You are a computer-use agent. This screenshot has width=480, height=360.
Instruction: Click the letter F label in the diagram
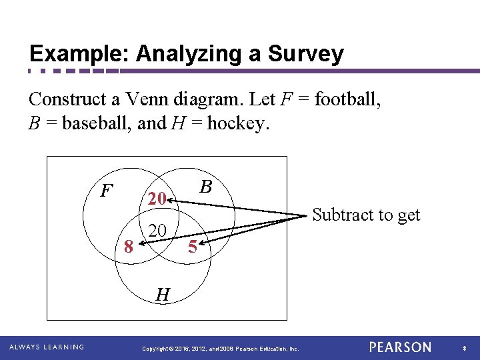click(x=105, y=191)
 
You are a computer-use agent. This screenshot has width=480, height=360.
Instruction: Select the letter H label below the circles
click(x=162, y=293)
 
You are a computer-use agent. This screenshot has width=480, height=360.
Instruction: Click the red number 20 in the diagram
click(x=157, y=199)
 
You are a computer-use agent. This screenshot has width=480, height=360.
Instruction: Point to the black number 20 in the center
click(x=157, y=231)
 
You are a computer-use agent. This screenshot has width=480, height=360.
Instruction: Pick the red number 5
click(x=192, y=247)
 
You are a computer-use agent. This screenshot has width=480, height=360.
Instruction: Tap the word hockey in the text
click(x=238, y=124)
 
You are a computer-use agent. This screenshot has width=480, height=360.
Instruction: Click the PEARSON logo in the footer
click(x=400, y=347)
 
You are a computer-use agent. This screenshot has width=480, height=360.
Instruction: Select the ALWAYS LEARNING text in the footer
click(x=47, y=347)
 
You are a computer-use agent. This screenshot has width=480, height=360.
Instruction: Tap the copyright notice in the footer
click(x=221, y=349)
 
